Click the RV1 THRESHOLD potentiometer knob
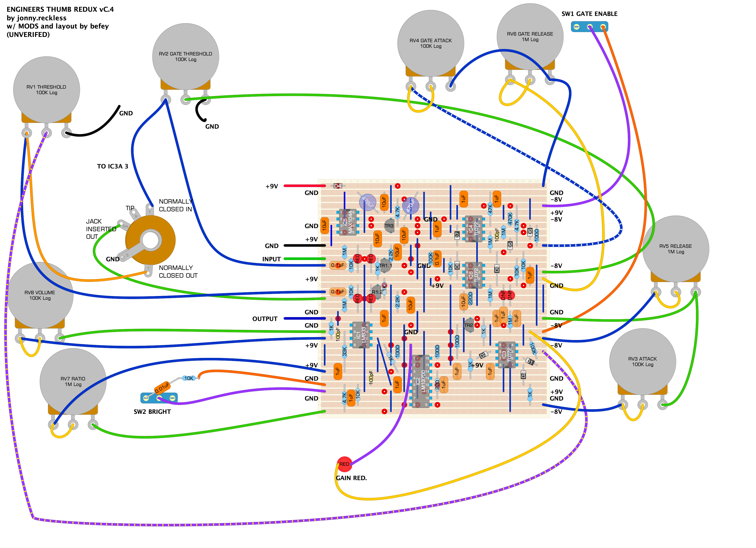[46, 90]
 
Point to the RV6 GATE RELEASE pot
[530, 36]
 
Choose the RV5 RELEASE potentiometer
[675, 249]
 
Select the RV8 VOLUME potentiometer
[40, 295]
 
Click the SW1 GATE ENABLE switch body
[589, 27]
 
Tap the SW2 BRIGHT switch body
[159, 398]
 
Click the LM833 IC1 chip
[361, 335]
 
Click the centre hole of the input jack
[151, 240]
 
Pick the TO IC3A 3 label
[112, 166]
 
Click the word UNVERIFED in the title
[28, 35]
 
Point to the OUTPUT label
[265, 319]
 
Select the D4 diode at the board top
[337, 186]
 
